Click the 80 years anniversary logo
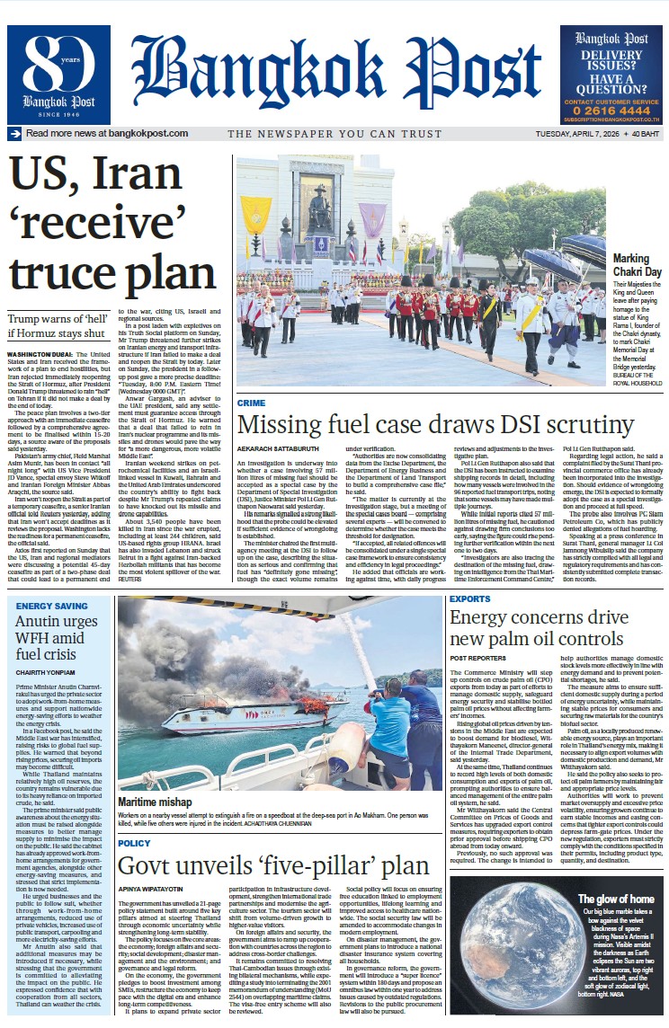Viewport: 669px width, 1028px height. tap(59, 74)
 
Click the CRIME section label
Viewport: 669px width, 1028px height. tap(251, 403)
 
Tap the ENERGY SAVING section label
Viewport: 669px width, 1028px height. tap(52, 606)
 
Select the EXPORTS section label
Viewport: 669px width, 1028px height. tap(469, 598)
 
